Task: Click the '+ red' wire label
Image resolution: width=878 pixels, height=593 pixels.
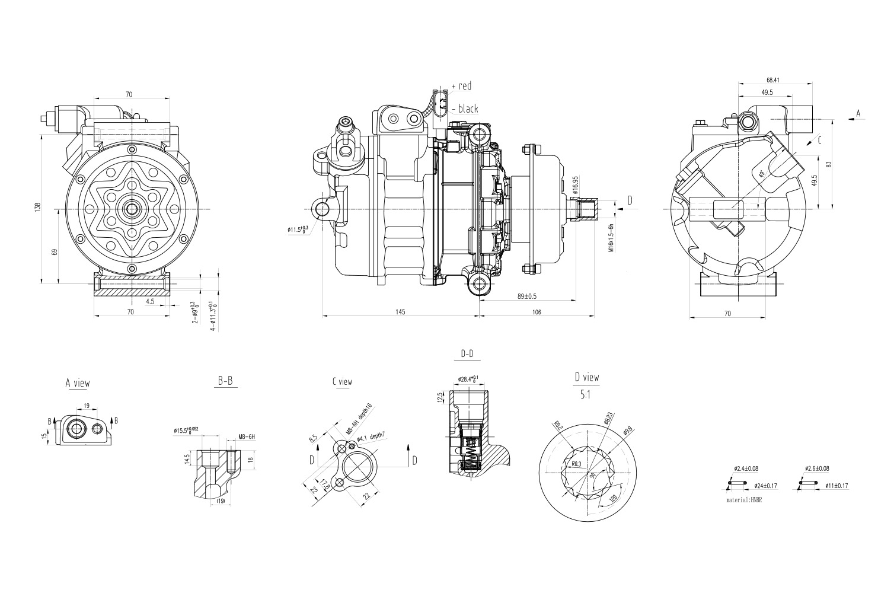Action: pyautogui.click(x=461, y=86)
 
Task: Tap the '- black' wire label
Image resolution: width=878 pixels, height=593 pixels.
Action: pyautogui.click(x=464, y=109)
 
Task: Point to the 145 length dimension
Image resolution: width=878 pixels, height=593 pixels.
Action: pyautogui.click(x=400, y=312)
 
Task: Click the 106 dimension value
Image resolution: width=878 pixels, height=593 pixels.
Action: pyautogui.click(x=536, y=312)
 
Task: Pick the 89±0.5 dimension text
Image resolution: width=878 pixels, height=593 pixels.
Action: pyautogui.click(x=526, y=296)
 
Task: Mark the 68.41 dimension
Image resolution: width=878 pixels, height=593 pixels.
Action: pyautogui.click(x=772, y=79)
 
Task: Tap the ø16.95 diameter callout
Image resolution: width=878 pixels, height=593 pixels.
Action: pyautogui.click(x=575, y=186)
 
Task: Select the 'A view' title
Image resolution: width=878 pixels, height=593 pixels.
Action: pyautogui.click(x=78, y=383)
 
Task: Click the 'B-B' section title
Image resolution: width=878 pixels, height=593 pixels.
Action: pyautogui.click(x=225, y=382)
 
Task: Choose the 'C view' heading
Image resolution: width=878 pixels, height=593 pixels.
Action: pyautogui.click(x=342, y=382)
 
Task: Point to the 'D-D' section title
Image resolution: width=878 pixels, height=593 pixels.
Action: pyautogui.click(x=467, y=354)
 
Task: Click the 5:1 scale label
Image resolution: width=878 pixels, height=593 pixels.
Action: pyautogui.click(x=586, y=394)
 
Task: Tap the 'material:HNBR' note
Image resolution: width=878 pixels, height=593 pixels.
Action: pyautogui.click(x=743, y=500)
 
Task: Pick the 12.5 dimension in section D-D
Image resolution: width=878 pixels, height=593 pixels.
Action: pyautogui.click(x=440, y=396)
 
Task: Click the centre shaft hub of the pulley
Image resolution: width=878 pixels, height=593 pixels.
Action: pyautogui.click(x=131, y=209)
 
